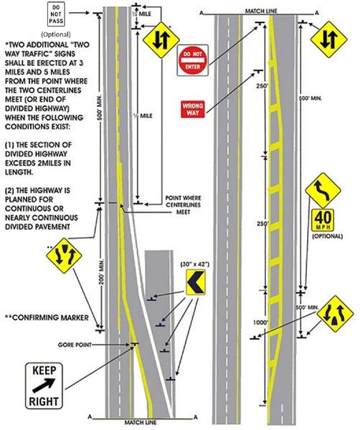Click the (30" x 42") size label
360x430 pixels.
pos(196,265)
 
